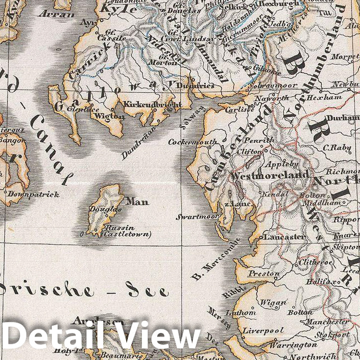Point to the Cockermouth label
(192, 142)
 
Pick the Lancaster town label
(284, 237)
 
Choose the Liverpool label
(263, 331)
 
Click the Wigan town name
(273, 302)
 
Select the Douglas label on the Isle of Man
(106, 209)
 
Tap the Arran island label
(60, 14)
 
